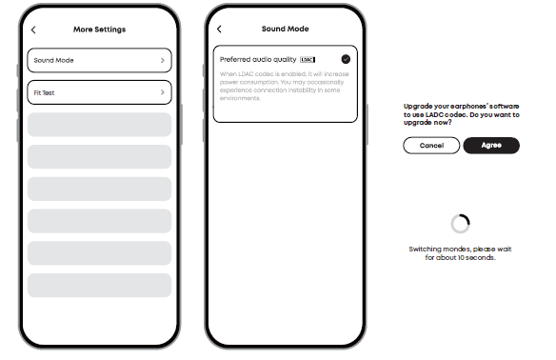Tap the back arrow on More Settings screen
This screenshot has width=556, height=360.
coord(33,30)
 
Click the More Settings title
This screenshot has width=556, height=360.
coord(99,30)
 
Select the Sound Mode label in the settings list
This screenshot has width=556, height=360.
coord(53,60)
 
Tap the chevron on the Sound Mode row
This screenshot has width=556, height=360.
coord(163,60)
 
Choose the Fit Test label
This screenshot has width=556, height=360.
coord(44,93)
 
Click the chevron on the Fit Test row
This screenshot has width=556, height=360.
coord(163,92)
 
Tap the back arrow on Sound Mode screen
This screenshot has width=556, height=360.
coord(219,30)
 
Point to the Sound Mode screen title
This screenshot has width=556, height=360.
coord(285,29)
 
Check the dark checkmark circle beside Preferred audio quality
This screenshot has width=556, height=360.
coord(346,59)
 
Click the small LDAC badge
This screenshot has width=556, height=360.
coord(308,60)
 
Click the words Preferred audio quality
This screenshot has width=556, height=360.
coord(258,60)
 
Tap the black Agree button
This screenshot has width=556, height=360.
coord(491,146)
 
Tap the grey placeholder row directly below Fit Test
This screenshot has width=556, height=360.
coord(99,125)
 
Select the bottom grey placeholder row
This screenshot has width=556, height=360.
coord(99,285)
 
